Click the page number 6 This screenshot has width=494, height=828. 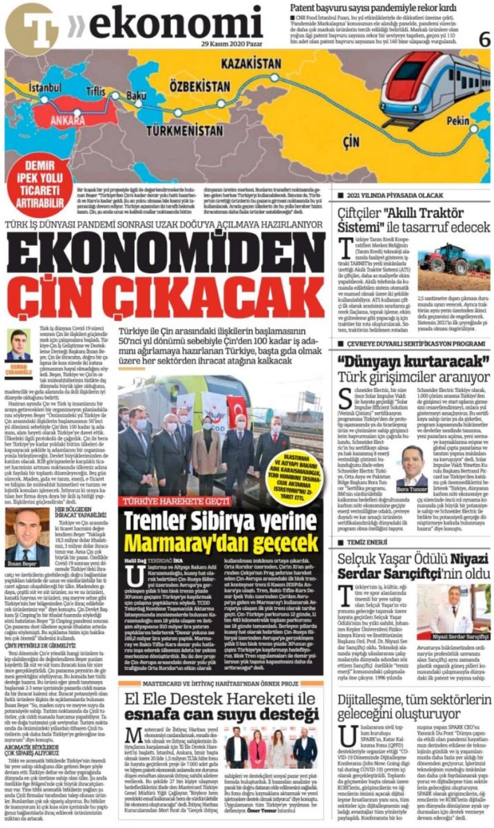[484, 39]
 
